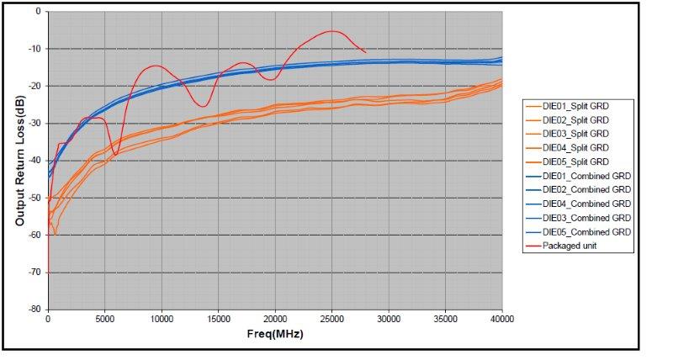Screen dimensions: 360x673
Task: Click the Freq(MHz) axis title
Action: point(275,334)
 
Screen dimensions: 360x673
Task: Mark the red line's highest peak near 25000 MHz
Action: point(334,31)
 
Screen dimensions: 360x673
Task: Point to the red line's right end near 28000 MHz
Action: point(365,52)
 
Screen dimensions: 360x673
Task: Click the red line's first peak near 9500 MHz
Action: point(156,66)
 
